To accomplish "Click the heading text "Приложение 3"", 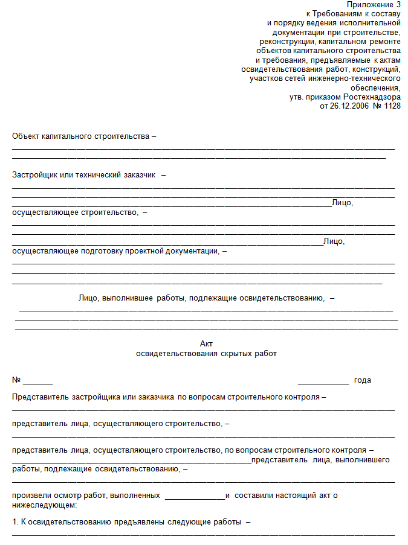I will click(x=375, y=5).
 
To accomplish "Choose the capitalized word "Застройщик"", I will click(x=33, y=175).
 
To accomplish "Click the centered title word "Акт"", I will click(x=206, y=343).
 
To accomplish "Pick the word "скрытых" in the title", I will click(x=235, y=354).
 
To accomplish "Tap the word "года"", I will click(x=363, y=380).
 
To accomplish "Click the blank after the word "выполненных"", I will click(x=195, y=497).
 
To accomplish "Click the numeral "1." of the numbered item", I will click(x=15, y=521).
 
